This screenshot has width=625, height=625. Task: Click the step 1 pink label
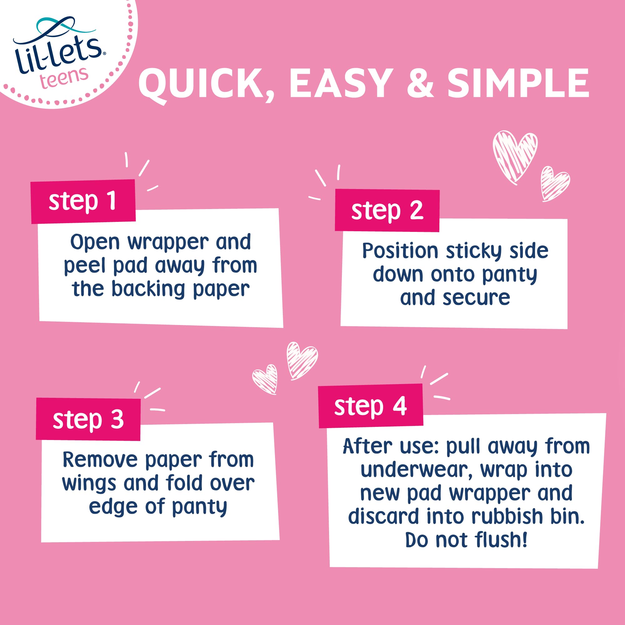[x=83, y=201]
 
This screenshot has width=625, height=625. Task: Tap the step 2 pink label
[x=387, y=210]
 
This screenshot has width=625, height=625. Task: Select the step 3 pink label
[x=88, y=419]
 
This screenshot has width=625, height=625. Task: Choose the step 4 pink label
[x=370, y=406]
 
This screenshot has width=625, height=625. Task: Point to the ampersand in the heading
[x=420, y=83]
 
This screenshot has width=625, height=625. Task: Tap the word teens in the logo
[x=64, y=78]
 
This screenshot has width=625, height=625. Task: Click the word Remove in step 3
[x=100, y=460]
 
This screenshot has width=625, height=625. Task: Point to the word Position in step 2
[x=400, y=251]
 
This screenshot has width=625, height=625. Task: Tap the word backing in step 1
[x=148, y=289]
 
